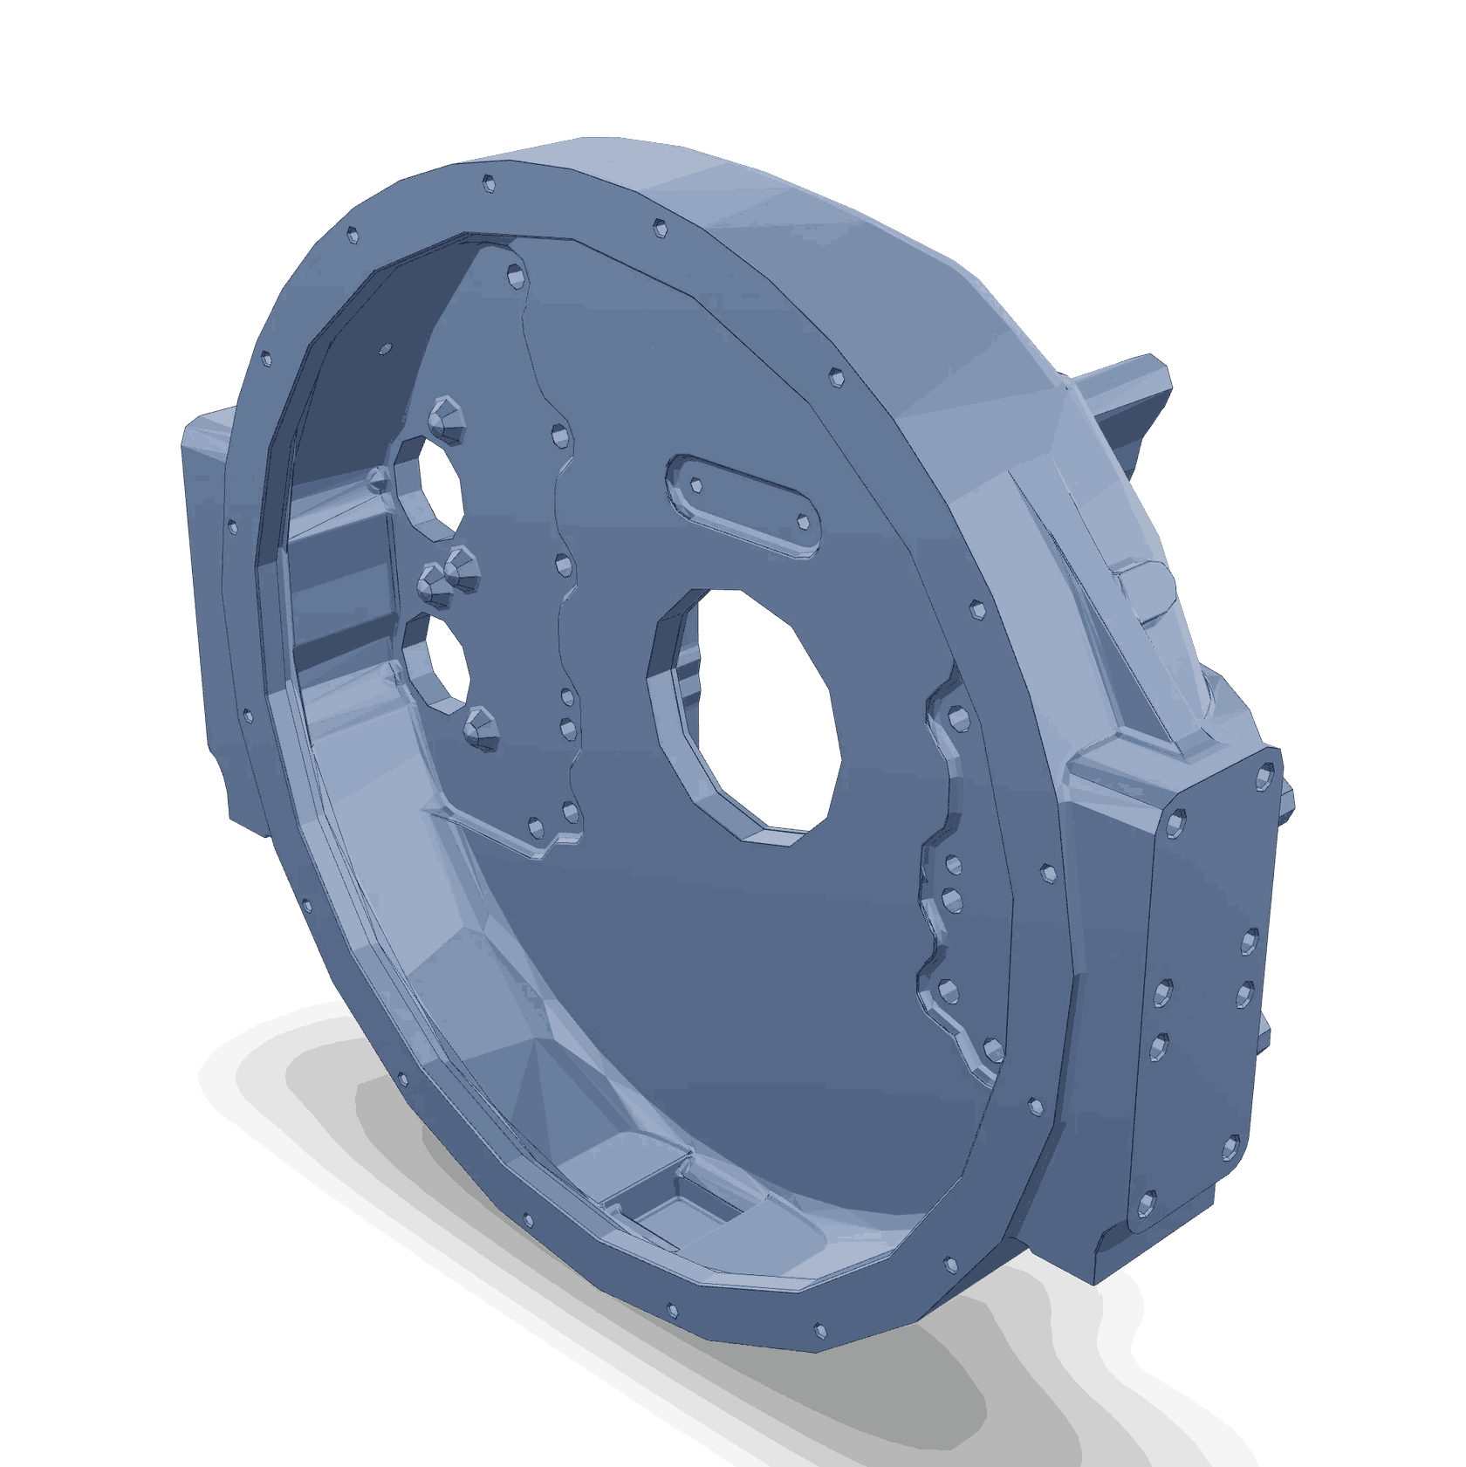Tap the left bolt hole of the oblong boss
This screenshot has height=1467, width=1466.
696,483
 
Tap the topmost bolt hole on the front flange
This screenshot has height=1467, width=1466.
489,185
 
